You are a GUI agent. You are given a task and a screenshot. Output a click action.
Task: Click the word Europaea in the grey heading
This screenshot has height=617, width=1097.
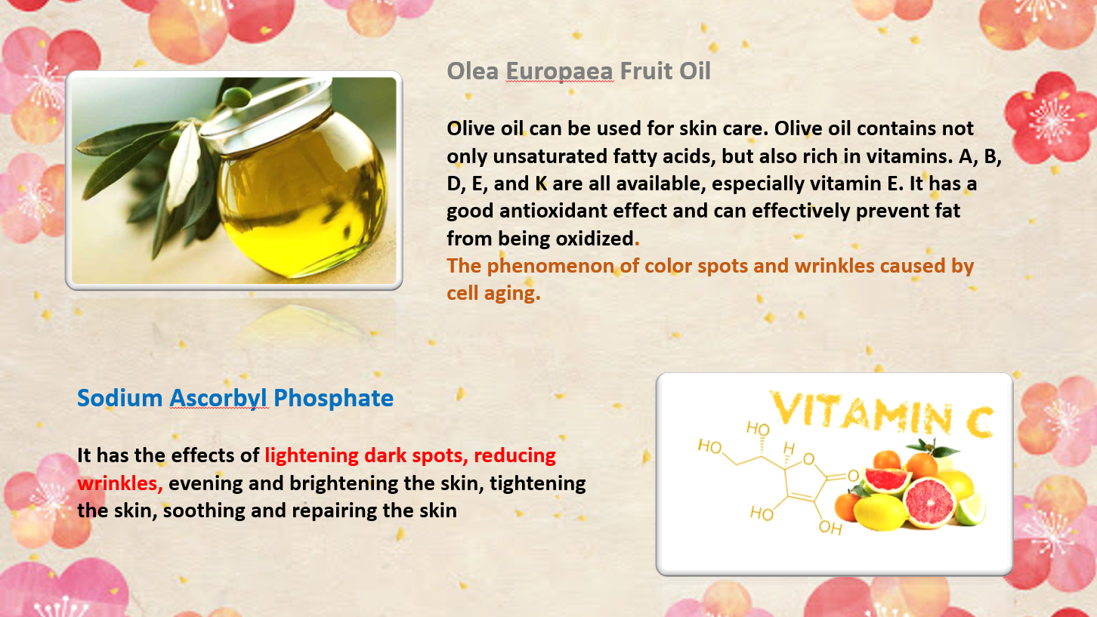pos(559,72)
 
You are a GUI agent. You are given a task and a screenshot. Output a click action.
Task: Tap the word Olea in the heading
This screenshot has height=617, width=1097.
pos(473,71)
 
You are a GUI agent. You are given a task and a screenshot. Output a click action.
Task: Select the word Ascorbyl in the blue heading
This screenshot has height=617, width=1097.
pos(218,399)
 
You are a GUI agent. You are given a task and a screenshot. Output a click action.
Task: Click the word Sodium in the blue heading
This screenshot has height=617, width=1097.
pos(120,398)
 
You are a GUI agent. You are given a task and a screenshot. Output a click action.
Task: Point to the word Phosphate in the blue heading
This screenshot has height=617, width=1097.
pos(333,399)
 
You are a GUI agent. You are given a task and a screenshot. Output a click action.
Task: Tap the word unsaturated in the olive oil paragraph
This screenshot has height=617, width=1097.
pos(550,156)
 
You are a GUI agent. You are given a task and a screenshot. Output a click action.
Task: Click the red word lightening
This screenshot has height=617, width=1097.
pos(311,456)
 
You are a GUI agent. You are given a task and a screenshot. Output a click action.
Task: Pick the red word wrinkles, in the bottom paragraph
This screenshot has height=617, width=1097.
pos(120,484)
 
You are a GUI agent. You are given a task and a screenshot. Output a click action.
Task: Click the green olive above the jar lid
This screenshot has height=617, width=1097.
pos(237,97)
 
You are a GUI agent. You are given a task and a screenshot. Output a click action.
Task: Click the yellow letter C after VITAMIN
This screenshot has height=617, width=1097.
pos(980,421)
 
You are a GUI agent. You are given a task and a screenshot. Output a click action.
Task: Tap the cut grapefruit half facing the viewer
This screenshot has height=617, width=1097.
pos(929,503)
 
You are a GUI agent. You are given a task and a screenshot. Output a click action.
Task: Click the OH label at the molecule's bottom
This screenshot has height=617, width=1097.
pos(830,528)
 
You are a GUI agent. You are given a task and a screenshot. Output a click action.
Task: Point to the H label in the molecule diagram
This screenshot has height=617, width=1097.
pos(789,449)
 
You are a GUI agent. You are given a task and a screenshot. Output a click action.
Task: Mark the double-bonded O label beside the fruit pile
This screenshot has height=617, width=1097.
pos(854,476)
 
